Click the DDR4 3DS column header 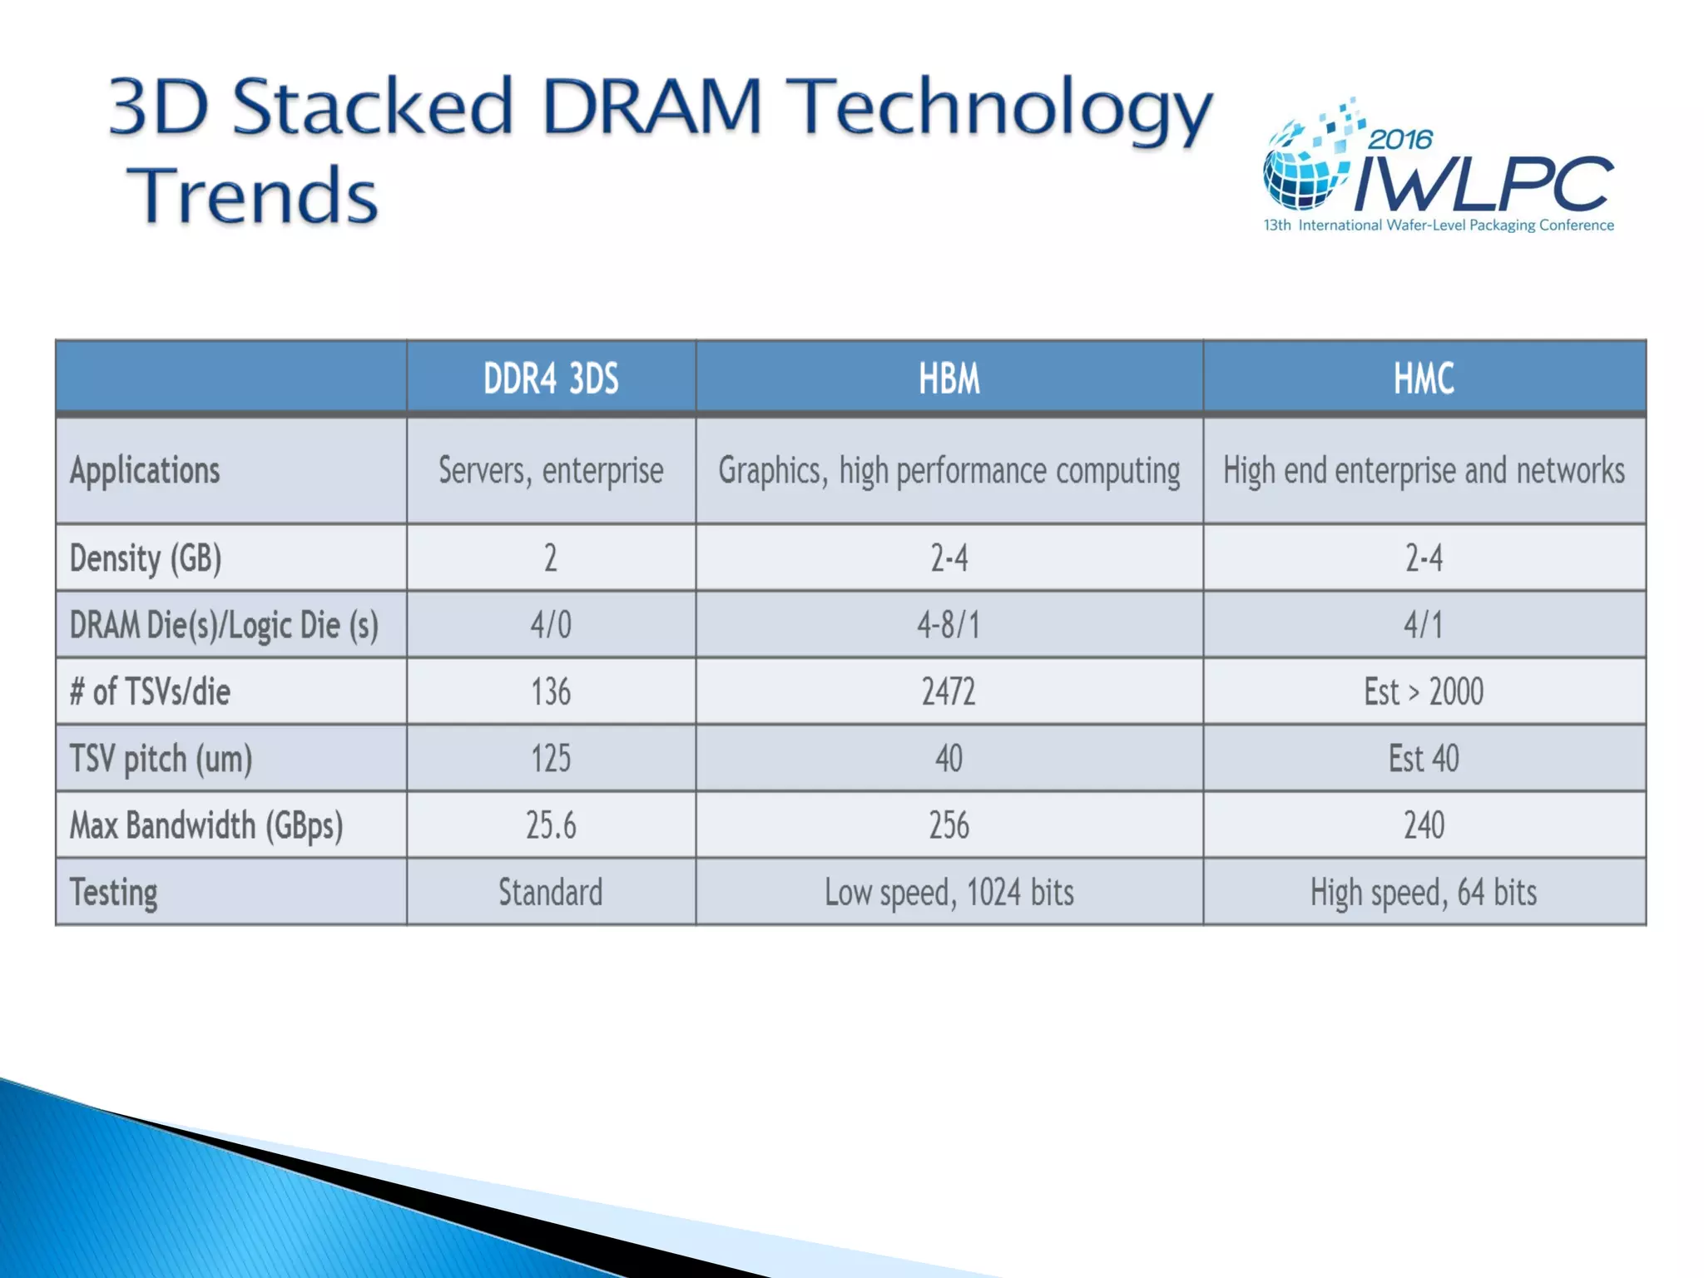[551, 379]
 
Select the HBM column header [949, 379]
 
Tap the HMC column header [1424, 379]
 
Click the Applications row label [145, 471]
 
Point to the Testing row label [114, 893]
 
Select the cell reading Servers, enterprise [551, 471]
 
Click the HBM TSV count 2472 [949, 691]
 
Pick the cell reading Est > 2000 [1424, 691]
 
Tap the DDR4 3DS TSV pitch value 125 [551, 759]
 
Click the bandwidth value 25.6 [551, 825]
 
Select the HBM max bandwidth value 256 [949, 825]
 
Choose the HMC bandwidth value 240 [1424, 825]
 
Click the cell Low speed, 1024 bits [949, 893]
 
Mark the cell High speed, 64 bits [1424, 893]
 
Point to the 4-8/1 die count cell [949, 625]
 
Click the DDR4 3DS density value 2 [551, 558]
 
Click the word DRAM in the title [651, 106]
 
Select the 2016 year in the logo [1400, 139]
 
